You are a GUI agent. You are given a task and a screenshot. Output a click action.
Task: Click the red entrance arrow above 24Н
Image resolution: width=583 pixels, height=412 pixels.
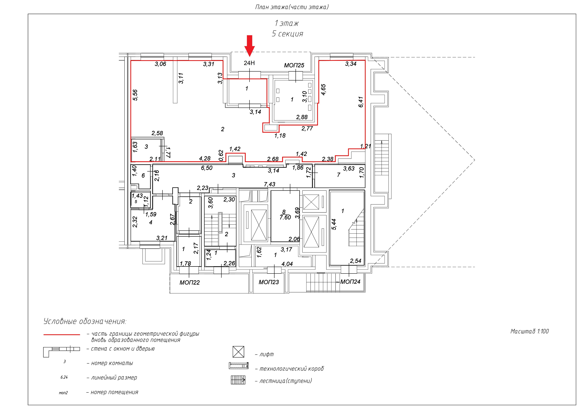250,46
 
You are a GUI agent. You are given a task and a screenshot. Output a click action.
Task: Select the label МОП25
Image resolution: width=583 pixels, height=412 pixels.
294,65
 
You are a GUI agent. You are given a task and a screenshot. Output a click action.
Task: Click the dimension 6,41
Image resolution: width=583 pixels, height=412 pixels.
361,102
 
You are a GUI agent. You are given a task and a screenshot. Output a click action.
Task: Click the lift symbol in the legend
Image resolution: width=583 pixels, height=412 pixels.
238,352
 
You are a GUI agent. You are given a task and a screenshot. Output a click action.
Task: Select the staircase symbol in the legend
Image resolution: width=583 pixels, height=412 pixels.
238,380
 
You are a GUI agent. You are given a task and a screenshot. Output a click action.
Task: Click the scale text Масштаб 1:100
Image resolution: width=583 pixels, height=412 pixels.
529,331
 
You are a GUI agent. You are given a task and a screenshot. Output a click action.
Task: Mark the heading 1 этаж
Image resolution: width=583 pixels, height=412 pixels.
287,23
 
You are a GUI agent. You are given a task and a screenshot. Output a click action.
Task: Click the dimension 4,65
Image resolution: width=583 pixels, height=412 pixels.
323,90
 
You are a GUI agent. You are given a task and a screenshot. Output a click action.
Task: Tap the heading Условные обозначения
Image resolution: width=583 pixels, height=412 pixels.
85,321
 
